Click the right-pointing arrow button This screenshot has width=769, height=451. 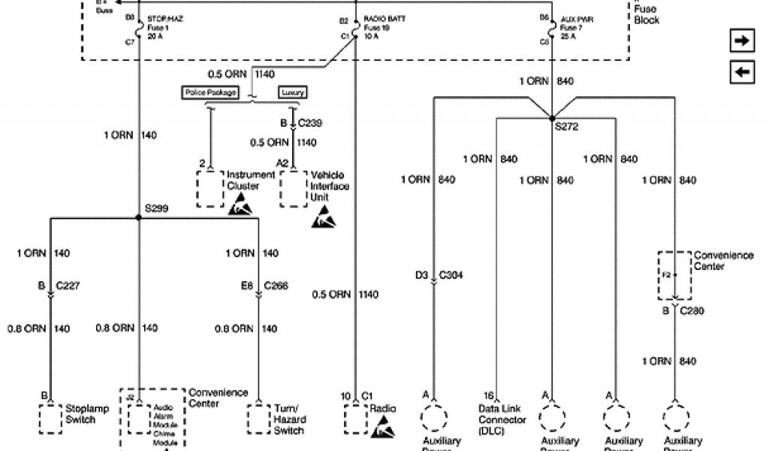click(x=742, y=41)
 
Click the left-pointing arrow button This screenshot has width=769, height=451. click(x=742, y=72)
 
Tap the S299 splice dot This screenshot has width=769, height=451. click(x=139, y=218)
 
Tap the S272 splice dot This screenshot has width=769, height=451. click(x=552, y=119)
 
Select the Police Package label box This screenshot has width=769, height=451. click(x=210, y=92)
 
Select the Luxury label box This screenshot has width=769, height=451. click(x=293, y=92)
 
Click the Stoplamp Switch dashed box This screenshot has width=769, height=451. click(x=50, y=419)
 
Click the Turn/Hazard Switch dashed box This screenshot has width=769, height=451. click(x=258, y=419)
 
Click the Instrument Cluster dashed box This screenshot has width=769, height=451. click(x=210, y=189)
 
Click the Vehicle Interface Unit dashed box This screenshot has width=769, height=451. click(x=293, y=189)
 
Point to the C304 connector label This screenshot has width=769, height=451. click(x=451, y=275)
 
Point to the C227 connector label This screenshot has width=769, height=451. click(x=68, y=286)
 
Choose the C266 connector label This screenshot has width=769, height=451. click(x=276, y=286)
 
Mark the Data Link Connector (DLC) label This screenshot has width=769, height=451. click(x=502, y=420)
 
